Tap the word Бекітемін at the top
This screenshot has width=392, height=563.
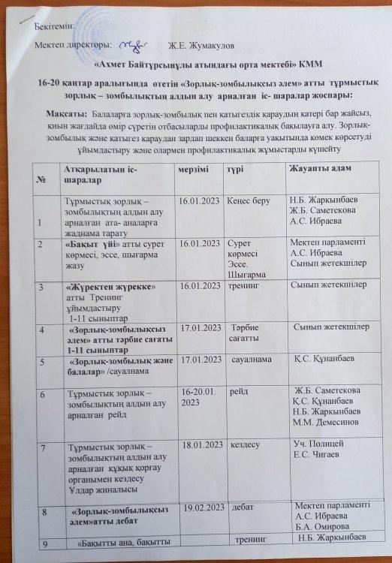tap(54, 27)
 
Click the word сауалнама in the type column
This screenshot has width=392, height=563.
tap(252, 360)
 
